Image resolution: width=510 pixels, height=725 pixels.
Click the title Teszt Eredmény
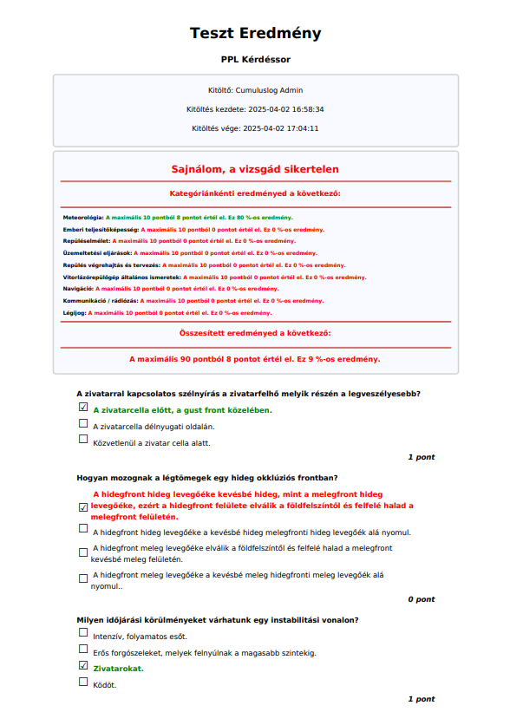(255, 34)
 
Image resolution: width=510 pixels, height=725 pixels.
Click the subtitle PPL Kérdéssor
(255, 60)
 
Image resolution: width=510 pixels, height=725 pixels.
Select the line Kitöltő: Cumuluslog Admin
(255, 90)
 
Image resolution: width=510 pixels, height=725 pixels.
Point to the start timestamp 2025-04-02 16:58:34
(285, 109)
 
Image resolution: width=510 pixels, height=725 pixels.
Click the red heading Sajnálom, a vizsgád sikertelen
(255, 169)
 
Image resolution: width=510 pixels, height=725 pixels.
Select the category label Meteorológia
(83, 218)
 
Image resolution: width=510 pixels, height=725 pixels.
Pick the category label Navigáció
(78, 288)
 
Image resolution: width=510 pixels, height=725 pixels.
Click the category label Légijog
(75, 312)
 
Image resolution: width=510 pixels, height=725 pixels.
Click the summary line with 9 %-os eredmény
(255, 358)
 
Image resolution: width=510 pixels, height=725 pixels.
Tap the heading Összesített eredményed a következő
(255, 333)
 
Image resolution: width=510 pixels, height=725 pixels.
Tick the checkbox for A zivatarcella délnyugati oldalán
(83, 424)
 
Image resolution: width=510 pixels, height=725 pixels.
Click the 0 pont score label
(422, 599)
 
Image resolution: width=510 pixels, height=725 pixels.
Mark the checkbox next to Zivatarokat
(83, 666)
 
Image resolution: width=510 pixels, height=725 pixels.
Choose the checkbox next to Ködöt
(83, 683)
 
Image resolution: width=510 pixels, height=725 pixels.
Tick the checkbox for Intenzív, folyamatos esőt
(83, 634)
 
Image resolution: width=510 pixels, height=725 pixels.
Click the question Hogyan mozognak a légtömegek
(207, 478)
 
